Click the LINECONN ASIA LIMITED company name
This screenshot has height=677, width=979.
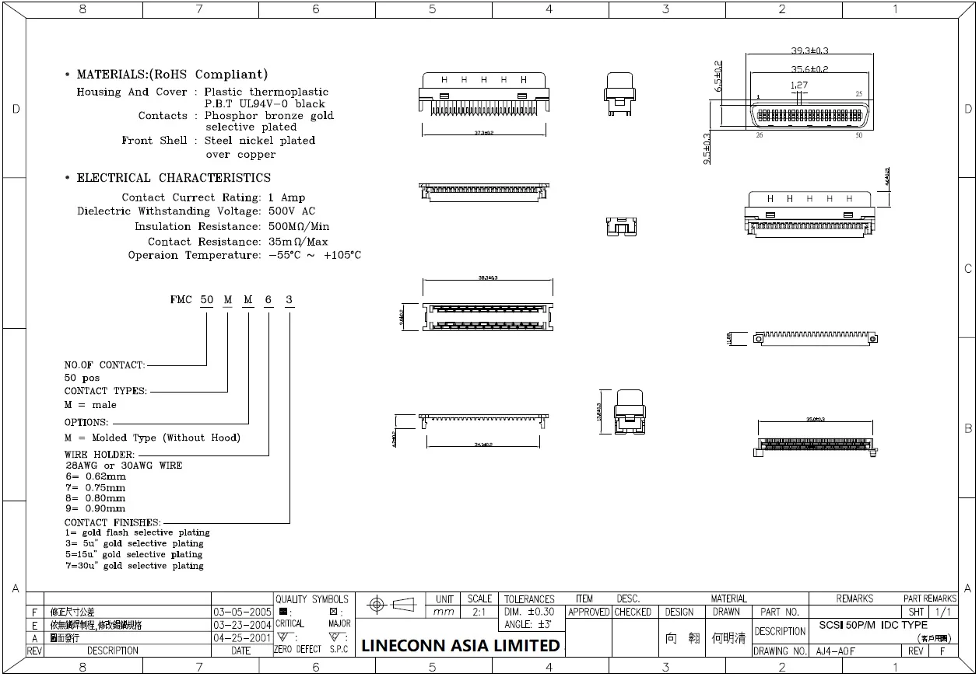click(460, 645)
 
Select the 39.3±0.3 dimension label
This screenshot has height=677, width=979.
click(809, 51)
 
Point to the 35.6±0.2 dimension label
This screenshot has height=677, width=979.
click(809, 69)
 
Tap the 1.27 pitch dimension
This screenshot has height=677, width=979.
click(798, 85)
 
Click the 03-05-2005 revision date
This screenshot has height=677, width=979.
click(242, 612)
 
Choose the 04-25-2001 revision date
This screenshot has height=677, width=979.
click(242, 637)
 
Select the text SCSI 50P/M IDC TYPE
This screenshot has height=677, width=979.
click(872, 625)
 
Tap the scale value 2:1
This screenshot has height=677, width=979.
click(479, 612)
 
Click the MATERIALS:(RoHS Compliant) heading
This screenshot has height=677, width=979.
click(172, 75)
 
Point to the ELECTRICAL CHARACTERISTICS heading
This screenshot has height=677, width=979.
click(174, 178)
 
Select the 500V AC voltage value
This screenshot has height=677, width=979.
click(292, 211)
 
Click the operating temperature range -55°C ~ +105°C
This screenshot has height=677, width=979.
click(314, 256)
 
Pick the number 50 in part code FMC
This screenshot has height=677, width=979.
click(207, 300)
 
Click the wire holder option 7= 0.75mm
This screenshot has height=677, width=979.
click(95, 487)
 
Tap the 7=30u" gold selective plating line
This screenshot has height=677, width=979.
click(134, 566)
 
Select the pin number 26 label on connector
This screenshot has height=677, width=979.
click(760, 135)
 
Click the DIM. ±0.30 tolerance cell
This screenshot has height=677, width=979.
click(529, 612)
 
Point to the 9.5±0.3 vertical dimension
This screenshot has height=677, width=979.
click(707, 148)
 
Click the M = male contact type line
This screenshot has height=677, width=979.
click(90, 405)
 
